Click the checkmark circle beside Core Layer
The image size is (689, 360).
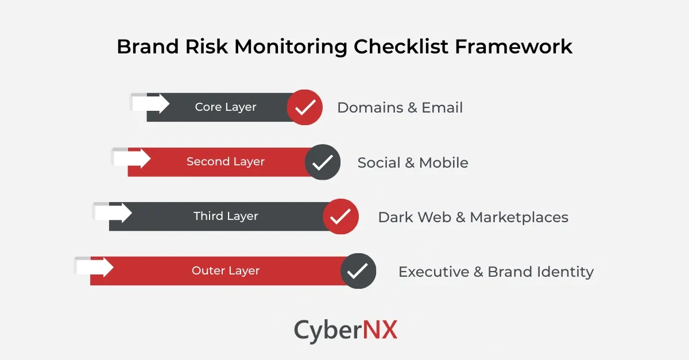304,107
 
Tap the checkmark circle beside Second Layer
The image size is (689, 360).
323,162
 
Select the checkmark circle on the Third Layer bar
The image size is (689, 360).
340,216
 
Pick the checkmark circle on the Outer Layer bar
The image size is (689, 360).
358,271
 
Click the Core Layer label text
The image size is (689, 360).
226,107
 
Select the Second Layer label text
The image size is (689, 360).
226,162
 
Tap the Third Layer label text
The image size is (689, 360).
226,216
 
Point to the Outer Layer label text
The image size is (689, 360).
226,271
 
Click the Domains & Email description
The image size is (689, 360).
400,108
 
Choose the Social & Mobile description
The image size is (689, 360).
413,163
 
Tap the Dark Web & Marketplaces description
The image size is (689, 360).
473,218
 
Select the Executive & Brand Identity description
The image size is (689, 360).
496,272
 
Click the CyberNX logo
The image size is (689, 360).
346,331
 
